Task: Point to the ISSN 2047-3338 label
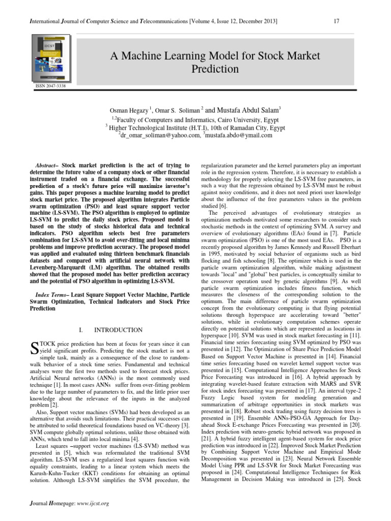click(x=50, y=86)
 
